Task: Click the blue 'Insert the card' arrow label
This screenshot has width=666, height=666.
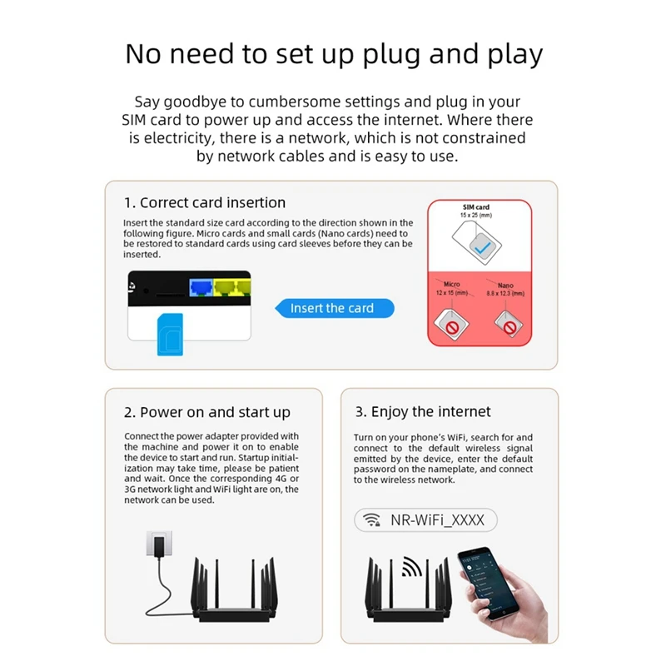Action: tap(333, 308)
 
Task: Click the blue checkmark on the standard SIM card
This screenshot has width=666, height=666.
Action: tap(481, 247)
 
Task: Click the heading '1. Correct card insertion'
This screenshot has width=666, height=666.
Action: tap(205, 202)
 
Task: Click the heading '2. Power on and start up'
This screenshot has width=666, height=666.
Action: tap(207, 412)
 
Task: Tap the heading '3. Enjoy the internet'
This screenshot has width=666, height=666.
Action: tap(423, 411)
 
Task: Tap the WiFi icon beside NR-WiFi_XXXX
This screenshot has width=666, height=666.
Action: tap(370, 520)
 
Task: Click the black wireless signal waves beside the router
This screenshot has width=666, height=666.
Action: tap(410, 566)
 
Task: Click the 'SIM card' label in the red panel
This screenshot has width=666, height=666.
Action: tap(476, 206)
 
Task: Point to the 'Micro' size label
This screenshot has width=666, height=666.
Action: tap(452, 285)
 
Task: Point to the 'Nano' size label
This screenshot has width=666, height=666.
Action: tap(505, 285)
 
